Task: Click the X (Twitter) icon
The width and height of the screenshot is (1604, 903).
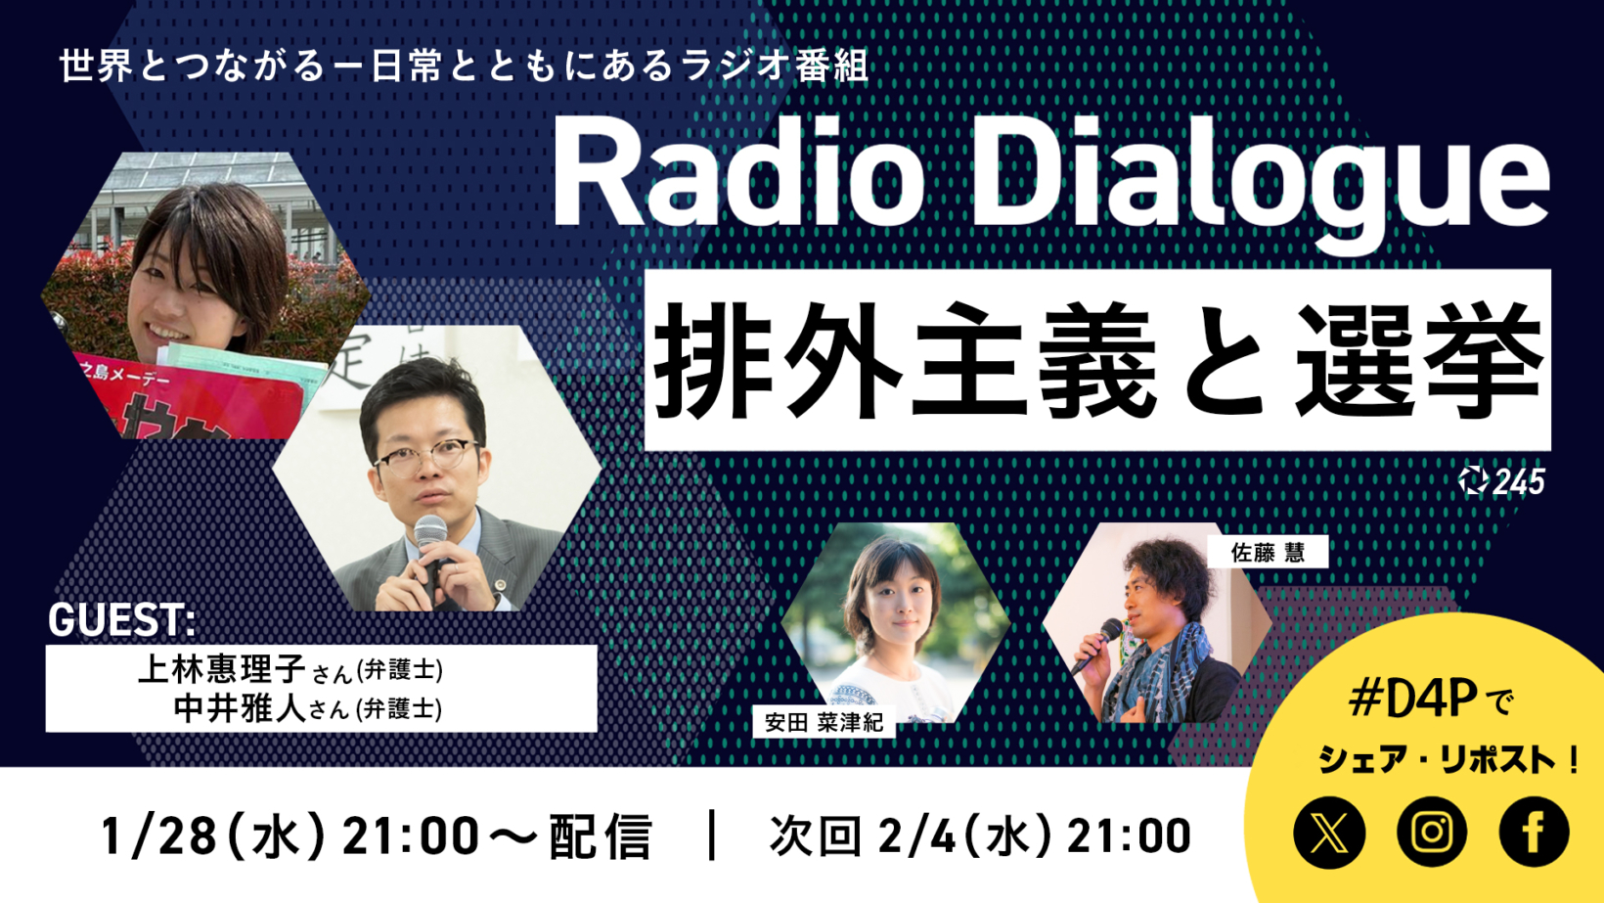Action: [1329, 833]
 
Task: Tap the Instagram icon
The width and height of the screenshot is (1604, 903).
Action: [1432, 833]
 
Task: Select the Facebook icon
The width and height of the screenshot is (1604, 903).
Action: [1534, 833]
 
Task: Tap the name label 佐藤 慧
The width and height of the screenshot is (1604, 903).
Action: [1268, 552]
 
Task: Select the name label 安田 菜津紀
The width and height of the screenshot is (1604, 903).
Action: [824, 722]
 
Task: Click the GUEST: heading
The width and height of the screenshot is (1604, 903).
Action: [121, 619]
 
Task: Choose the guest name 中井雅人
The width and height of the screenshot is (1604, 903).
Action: [240, 708]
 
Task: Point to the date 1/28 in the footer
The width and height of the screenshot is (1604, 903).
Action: [158, 835]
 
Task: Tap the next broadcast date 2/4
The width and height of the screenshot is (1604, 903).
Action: [916, 835]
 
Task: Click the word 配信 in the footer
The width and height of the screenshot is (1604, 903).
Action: [601, 835]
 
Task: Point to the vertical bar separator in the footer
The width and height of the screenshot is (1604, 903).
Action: [712, 835]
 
